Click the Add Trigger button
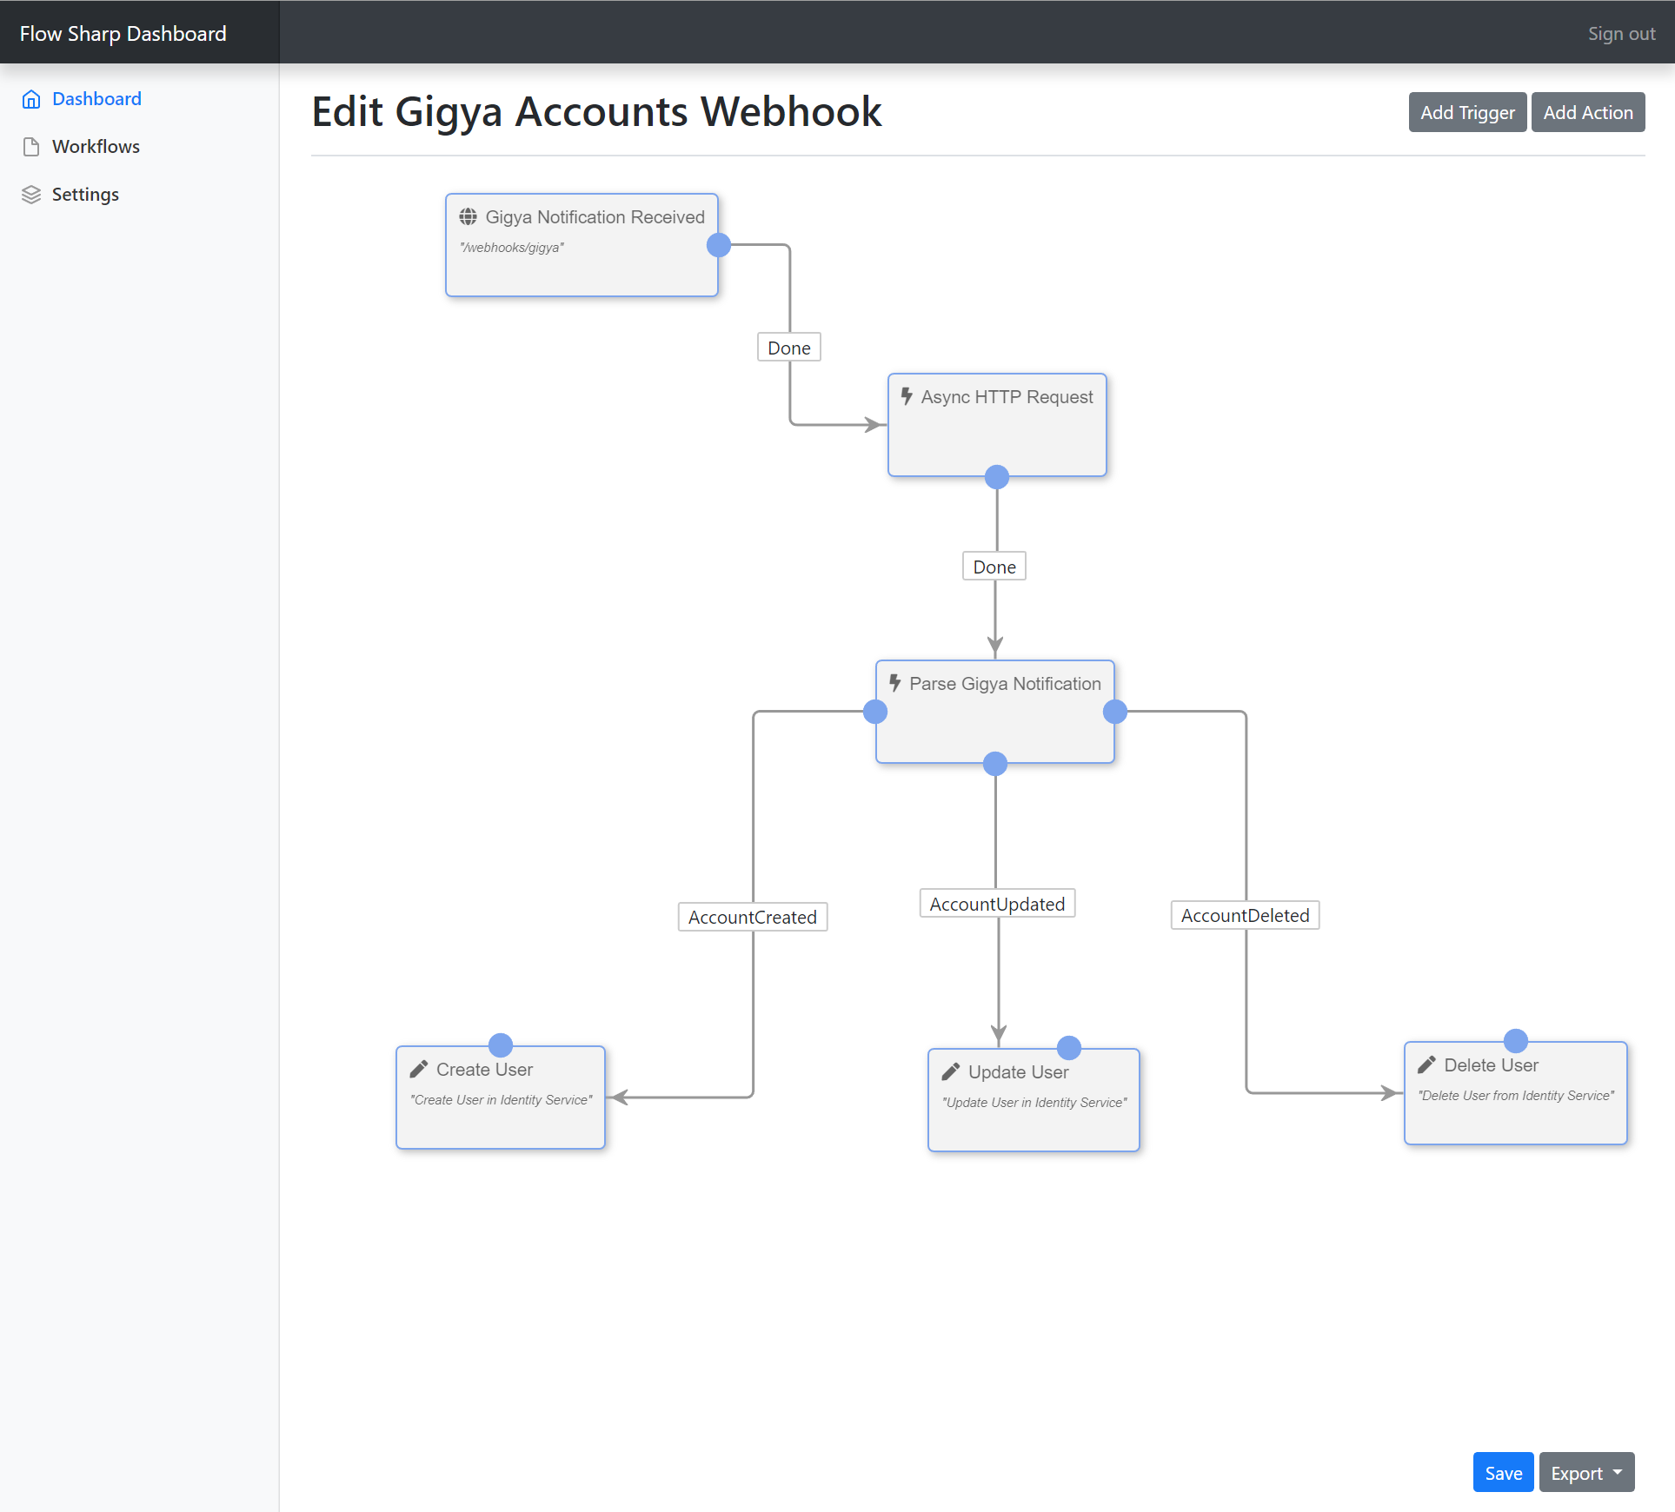coord(1467,112)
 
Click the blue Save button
coord(1503,1473)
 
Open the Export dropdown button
coord(1586,1473)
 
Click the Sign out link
coord(1621,34)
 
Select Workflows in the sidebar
coord(96,146)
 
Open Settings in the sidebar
coord(85,194)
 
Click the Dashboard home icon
coord(31,99)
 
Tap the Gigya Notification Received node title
coord(595,217)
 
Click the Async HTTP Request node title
coord(1007,397)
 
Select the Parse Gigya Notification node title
coord(1005,684)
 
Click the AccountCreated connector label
coord(753,917)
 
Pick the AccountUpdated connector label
coord(997,904)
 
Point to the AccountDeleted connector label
coord(1245,915)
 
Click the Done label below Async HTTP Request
coord(994,567)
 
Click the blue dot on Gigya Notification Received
coord(719,245)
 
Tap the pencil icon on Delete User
coord(1426,1064)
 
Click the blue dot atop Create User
coord(501,1044)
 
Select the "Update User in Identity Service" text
coord(1034,1103)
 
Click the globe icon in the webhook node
coord(468,216)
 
